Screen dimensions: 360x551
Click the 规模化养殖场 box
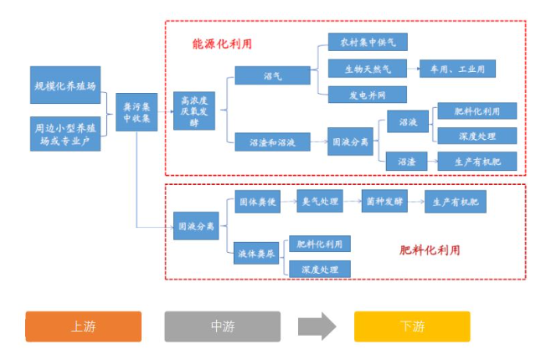click(66, 86)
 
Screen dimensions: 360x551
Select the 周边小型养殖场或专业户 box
click(66, 133)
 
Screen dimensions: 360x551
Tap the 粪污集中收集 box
click(136, 113)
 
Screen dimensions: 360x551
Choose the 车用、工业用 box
click(458, 68)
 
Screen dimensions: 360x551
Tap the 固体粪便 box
click(257, 202)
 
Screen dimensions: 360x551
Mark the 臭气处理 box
click(321, 202)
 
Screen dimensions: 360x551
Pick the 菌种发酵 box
click(385, 202)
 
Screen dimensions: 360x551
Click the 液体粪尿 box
click(257, 252)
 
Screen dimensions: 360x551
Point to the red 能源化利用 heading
click(222, 43)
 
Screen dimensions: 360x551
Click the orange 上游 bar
click(83, 327)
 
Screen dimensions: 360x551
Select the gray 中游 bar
click(222, 327)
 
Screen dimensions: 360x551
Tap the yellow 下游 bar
click(412, 327)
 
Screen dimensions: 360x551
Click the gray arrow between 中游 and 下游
click(317, 327)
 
